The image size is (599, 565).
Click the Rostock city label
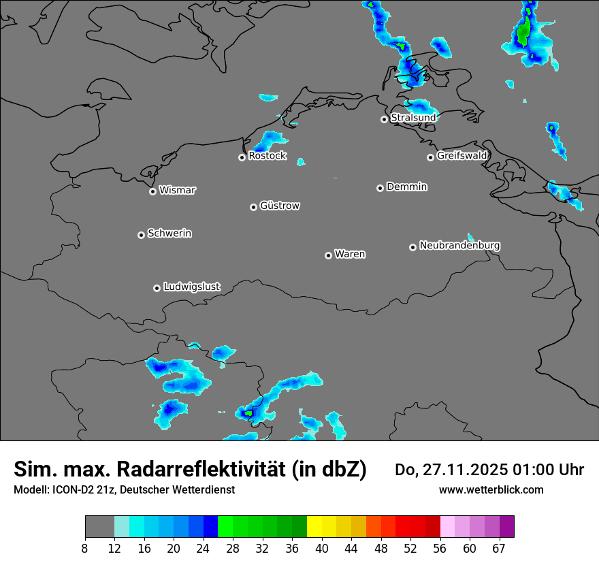click(x=268, y=156)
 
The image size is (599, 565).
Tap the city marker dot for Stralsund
click(x=384, y=119)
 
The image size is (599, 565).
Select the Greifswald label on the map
click(x=462, y=156)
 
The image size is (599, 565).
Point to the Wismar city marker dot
click(x=152, y=191)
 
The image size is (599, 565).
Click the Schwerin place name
click(x=169, y=233)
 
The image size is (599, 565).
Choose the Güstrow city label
click(x=280, y=206)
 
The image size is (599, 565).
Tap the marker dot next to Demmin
click(x=380, y=188)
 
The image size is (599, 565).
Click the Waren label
click(x=350, y=255)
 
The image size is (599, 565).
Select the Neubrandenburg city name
click(x=459, y=245)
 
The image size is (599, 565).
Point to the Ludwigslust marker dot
click(x=157, y=288)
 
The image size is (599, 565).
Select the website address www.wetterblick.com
click(x=491, y=489)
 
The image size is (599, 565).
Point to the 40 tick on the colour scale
click(x=322, y=548)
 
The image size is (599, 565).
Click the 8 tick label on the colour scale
click(x=85, y=548)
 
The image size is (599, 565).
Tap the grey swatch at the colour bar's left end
click(x=99, y=527)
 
